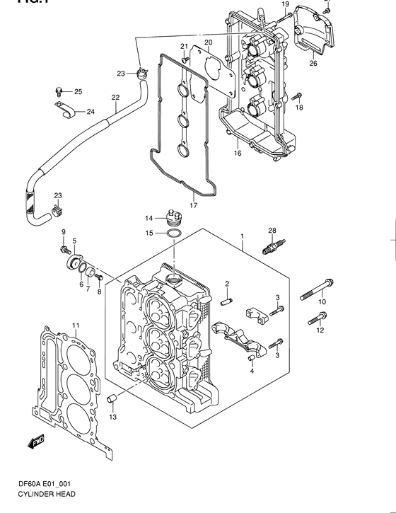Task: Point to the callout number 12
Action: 320,330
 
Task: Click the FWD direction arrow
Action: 36,443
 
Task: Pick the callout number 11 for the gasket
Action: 74,325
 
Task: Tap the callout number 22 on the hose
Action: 115,98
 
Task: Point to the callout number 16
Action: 238,153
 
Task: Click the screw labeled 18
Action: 297,96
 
